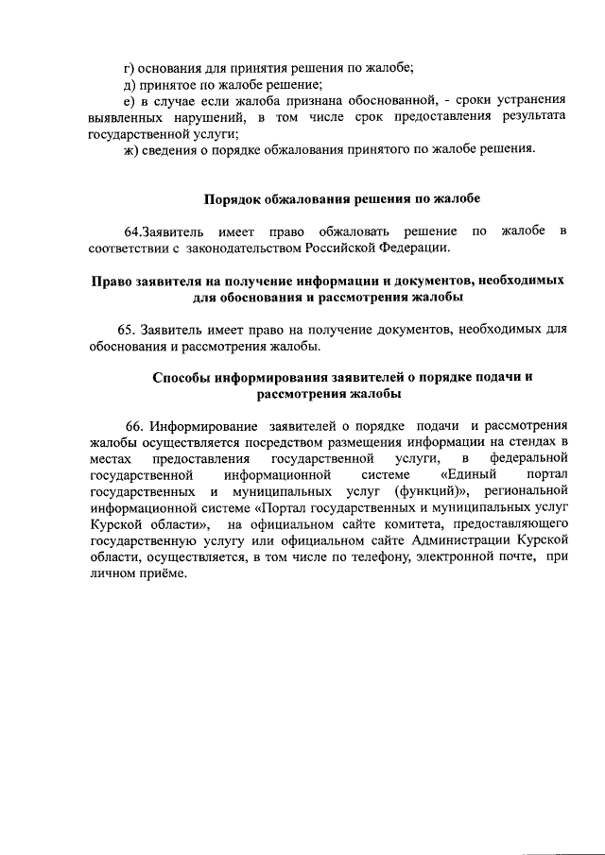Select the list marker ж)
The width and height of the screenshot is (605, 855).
[x=133, y=148]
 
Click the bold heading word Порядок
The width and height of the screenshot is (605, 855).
[x=233, y=199]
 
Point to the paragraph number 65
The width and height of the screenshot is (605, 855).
[x=127, y=331]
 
